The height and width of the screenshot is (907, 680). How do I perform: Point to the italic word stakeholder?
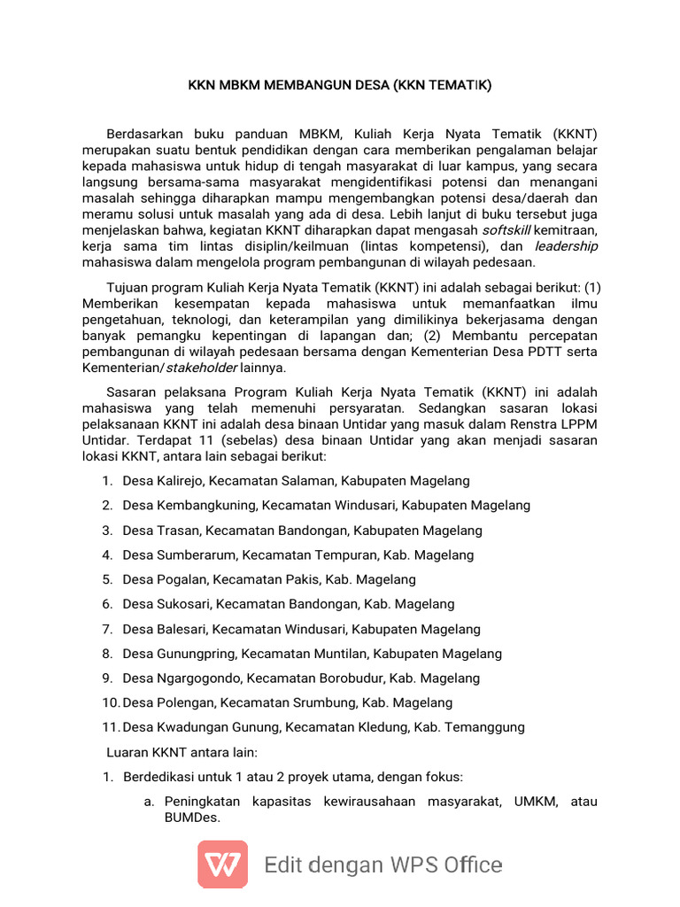(x=201, y=368)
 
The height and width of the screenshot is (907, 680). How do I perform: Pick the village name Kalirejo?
(x=181, y=481)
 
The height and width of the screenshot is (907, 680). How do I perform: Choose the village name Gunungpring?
(x=197, y=654)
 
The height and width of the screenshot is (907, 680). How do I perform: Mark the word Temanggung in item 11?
(x=481, y=727)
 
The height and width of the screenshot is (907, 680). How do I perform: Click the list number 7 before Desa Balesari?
(x=106, y=629)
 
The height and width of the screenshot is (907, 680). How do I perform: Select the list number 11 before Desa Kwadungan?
(x=109, y=727)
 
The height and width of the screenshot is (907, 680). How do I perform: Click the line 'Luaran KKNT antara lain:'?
(x=182, y=753)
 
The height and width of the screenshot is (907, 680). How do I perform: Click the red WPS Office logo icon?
(x=222, y=864)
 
